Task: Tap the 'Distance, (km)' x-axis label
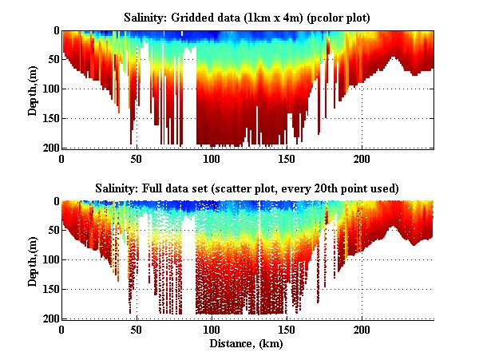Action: click(x=247, y=344)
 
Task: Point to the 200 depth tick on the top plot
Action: click(x=50, y=148)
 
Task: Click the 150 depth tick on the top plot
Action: click(x=50, y=118)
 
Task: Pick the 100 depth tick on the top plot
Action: click(x=50, y=89)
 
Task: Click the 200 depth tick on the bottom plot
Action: click(x=50, y=318)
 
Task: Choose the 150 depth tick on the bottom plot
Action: click(x=50, y=289)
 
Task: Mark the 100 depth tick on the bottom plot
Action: click(x=50, y=259)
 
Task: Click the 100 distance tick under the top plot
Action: click(x=212, y=158)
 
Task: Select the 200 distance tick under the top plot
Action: click(x=362, y=158)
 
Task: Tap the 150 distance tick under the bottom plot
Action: click(x=287, y=329)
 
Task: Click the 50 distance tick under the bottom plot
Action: click(x=137, y=329)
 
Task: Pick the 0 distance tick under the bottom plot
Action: click(x=61, y=329)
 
